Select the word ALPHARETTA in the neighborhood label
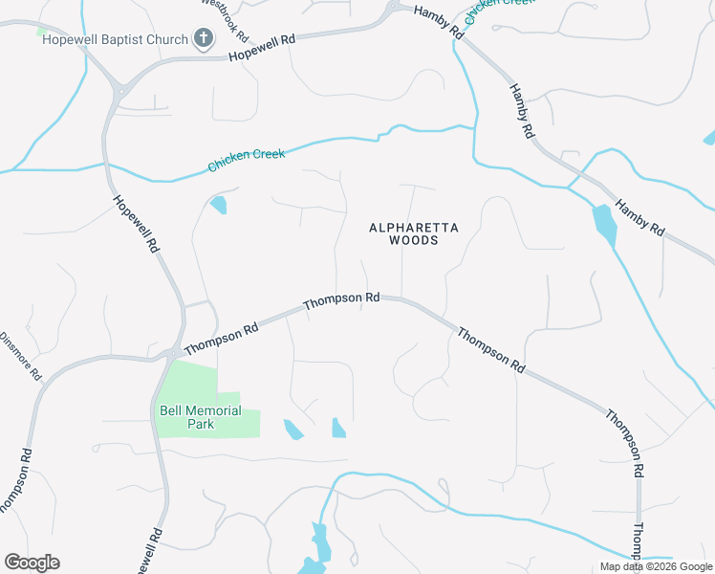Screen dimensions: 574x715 click(x=414, y=227)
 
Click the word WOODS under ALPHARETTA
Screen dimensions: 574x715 click(x=414, y=241)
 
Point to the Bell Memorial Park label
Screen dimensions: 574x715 click(x=200, y=417)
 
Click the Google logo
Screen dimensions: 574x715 click(x=32, y=563)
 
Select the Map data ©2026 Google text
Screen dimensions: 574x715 click(x=656, y=566)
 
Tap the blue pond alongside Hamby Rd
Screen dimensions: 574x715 click(x=604, y=226)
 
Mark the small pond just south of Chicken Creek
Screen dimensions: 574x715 click(x=219, y=204)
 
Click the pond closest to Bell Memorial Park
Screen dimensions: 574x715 click(x=292, y=430)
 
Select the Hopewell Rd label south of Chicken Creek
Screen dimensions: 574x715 click(x=135, y=223)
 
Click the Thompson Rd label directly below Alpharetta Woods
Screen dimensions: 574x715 click(x=341, y=299)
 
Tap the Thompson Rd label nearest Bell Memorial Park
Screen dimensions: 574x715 click(x=221, y=338)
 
